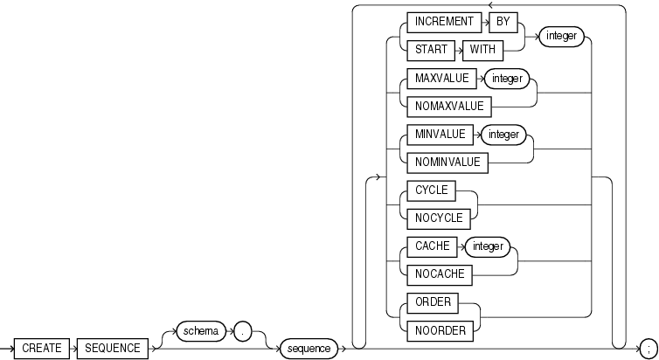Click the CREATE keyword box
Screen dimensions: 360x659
42,348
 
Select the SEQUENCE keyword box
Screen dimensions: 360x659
113,348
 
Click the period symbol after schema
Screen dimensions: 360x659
246,331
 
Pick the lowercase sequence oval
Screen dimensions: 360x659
309,348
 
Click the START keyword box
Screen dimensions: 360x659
426,50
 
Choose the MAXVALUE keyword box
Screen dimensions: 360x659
438,79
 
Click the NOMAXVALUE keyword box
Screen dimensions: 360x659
446,107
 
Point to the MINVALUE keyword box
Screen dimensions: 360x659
436,135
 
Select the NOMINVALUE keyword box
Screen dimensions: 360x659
444,163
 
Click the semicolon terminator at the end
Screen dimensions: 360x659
649,348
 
